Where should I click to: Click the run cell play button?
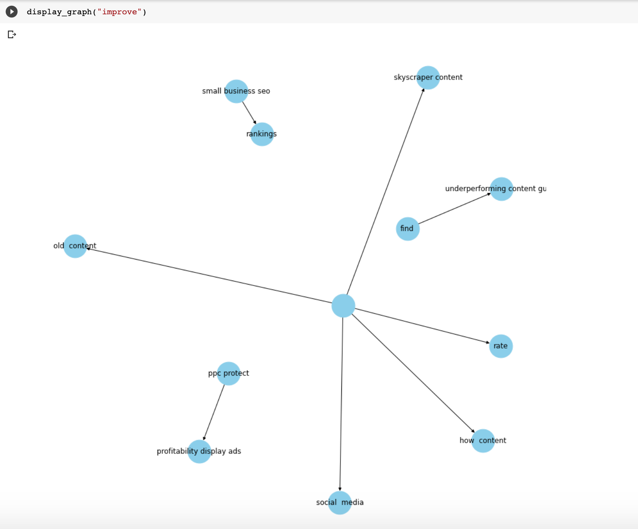[x=12, y=12]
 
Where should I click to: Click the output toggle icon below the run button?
[x=12, y=34]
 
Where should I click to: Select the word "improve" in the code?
[x=119, y=12]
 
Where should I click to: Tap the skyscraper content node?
[x=428, y=78]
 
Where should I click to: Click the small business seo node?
[x=236, y=91]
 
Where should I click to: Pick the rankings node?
[x=262, y=134]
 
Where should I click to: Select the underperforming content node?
[x=501, y=189]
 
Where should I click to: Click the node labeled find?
[x=408, y=229]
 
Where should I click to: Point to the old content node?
[x=75, y=246]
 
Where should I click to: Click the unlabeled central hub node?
[x=343, y=306]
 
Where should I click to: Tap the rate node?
[x=501, y=346]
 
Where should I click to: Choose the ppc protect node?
[x=229, y=374]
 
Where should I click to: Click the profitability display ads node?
[x=199, y=451]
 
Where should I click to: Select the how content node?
[x=483, y=441]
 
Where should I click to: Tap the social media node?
[x=340, y=503]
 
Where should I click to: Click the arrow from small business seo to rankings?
[x=249, y=113]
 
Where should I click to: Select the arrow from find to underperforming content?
[x=454, y=209]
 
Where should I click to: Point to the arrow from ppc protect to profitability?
[x=214, y=412]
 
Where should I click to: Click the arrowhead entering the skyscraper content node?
[x=423, y=90]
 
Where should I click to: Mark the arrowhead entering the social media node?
[x=340, y=489]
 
